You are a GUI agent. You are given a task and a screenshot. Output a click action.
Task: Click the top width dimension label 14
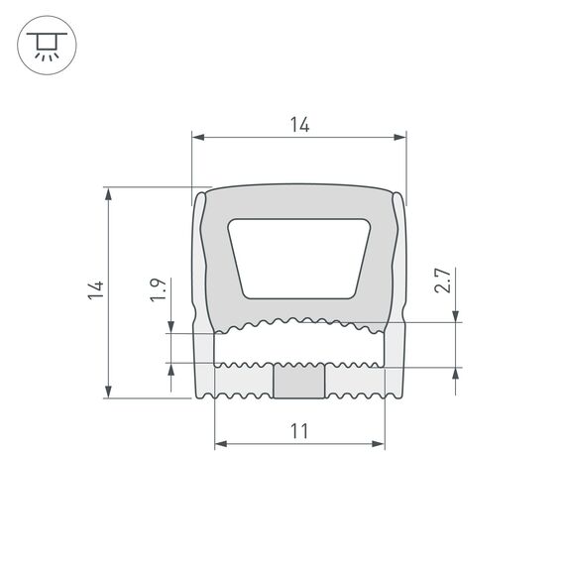point(299,125)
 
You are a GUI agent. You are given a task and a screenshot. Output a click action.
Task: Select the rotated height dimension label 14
point(95,290)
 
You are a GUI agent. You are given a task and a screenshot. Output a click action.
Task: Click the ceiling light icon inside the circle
point(46,46)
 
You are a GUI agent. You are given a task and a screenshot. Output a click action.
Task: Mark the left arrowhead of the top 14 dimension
point(196,137)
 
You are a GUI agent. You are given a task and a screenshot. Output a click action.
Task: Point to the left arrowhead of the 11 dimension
point(220,442)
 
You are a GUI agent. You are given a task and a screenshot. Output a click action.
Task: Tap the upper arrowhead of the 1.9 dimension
point(172,327)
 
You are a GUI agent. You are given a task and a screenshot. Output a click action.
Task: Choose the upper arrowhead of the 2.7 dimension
point(455,316)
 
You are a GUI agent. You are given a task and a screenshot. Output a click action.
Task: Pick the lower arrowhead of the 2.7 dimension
point(455,375)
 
